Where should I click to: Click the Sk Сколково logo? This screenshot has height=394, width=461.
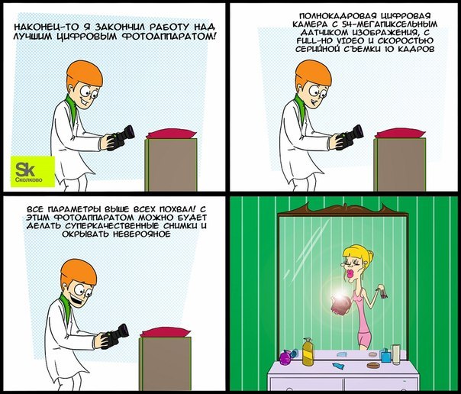click(x=33, y=171)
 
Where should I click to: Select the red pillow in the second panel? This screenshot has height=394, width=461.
click(x=400, y=133)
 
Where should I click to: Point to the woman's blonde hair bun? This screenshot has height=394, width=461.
click(x=370, y=256)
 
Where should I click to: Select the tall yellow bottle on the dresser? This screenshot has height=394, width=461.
click(x=308, y=352)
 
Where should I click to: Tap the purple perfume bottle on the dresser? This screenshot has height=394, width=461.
click(x=285, y=357)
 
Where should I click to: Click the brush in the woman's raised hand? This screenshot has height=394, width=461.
click(x=382, y=292)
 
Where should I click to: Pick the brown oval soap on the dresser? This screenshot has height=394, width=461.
click(x=373, y=365)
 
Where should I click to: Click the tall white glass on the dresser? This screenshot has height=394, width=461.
click(x=396, y=354)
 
